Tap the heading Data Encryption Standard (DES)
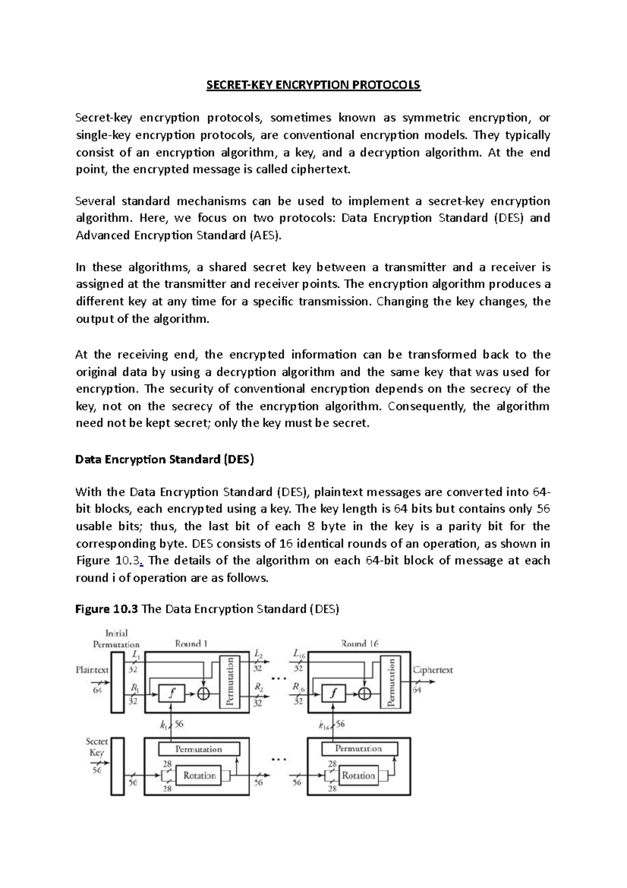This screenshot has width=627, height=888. coord(165,460)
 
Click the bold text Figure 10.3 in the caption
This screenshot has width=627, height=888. coord(107,609)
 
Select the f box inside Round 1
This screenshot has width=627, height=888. coord(171,693)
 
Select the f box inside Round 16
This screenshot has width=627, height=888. coord(334,693)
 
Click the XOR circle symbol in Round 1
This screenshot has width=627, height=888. coord(203,693)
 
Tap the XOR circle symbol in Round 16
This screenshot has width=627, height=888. coord(365,693)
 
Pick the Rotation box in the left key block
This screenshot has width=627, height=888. coord(199,776)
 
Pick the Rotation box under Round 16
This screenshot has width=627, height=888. coord(358,776)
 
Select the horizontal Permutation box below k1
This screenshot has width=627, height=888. coord(199,749)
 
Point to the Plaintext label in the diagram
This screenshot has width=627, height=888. coord(92,670)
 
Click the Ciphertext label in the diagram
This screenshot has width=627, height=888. coord(433,670)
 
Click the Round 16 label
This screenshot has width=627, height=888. coord(359,644)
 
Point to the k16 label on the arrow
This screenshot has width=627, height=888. coord(325,725)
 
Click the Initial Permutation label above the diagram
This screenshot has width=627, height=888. coord(116,639)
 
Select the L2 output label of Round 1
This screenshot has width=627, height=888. coord(259,654)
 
